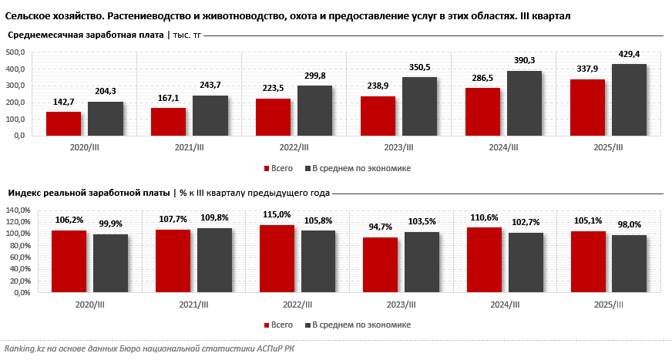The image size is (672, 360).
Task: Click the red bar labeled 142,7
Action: [63, 123]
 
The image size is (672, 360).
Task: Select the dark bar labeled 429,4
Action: [629, 99]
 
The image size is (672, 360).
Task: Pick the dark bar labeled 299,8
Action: [314, 110]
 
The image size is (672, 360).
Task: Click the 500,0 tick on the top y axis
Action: [15, 52]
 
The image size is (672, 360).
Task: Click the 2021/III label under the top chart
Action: [189, 148]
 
